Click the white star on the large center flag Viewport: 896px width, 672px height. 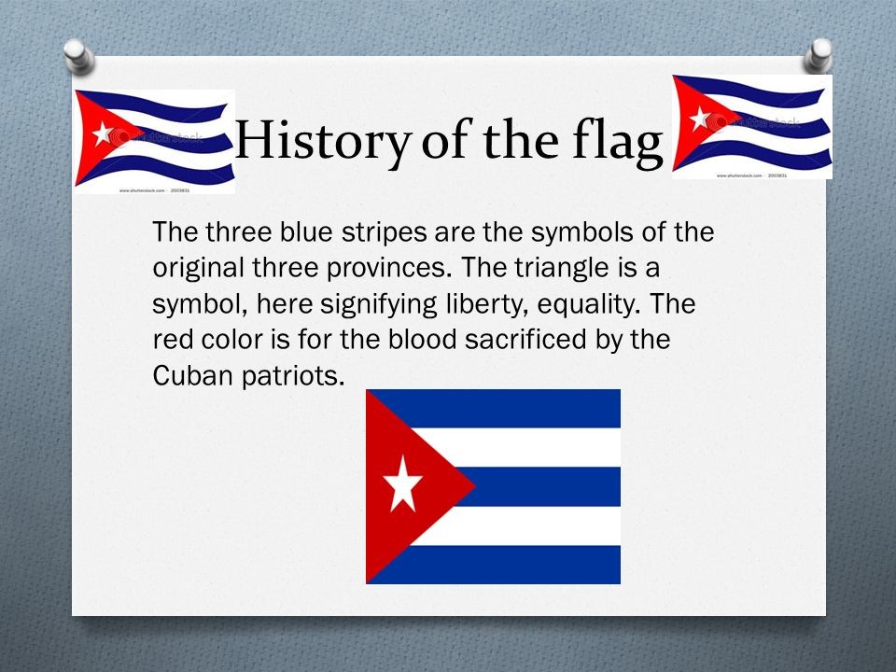click(x=402, y=483)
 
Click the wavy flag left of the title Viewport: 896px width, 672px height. click(x=154, y=140)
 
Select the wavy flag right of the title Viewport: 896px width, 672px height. click(x=751, y=126)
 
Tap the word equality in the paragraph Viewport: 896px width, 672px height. click(x=605, y=304)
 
